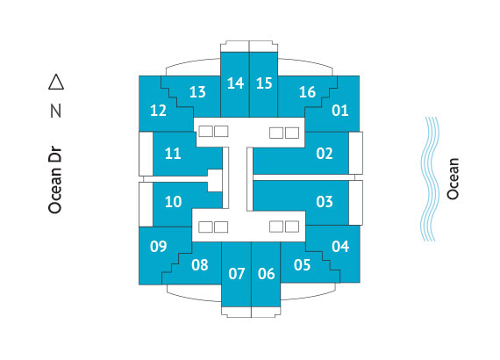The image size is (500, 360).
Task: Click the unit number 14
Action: point(235,83)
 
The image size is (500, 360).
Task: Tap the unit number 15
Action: point(264,83)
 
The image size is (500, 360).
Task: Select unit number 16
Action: point(307,92)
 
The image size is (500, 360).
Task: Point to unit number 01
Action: point(340,111)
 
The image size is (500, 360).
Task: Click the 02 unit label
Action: point(325,154)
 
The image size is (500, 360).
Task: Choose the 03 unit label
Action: point(325,202)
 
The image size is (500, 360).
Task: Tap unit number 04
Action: point(340,247)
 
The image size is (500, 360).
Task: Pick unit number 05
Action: point(302,265)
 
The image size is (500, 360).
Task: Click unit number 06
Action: point(267,274)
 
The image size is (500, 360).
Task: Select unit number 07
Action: point(237,274)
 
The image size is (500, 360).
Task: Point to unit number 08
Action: point(200,265)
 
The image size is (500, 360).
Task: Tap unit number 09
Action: point(159,247)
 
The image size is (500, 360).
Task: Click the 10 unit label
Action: point(173,202)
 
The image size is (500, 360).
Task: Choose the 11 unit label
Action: point(173,154)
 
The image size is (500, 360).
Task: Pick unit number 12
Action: point(158,111)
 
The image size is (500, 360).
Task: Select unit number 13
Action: point(197,92)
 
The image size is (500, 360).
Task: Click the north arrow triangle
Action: point(56,82)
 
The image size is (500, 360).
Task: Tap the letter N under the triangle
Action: point(56,112)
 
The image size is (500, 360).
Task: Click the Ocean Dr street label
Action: point(55,180)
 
